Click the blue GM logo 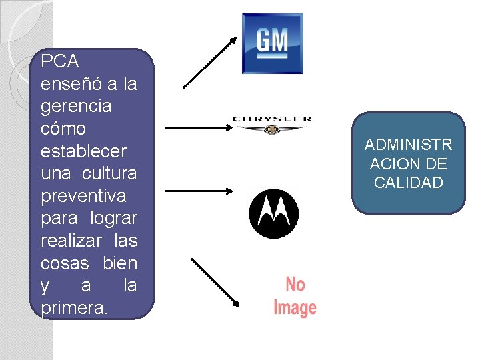click(272, 43)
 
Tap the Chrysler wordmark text click(271, 119)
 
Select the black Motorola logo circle click(273, 213)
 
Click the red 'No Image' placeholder click(295, 297)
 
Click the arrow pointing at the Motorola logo click(197, 191)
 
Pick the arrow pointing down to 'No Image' click(215, 283)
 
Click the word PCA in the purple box click(60, 62)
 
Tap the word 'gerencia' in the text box click(76, 107)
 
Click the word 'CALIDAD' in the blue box click(409, 183)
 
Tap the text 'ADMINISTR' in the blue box click(409, 145)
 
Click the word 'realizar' click(67, 241)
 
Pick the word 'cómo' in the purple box click(63, 129)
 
